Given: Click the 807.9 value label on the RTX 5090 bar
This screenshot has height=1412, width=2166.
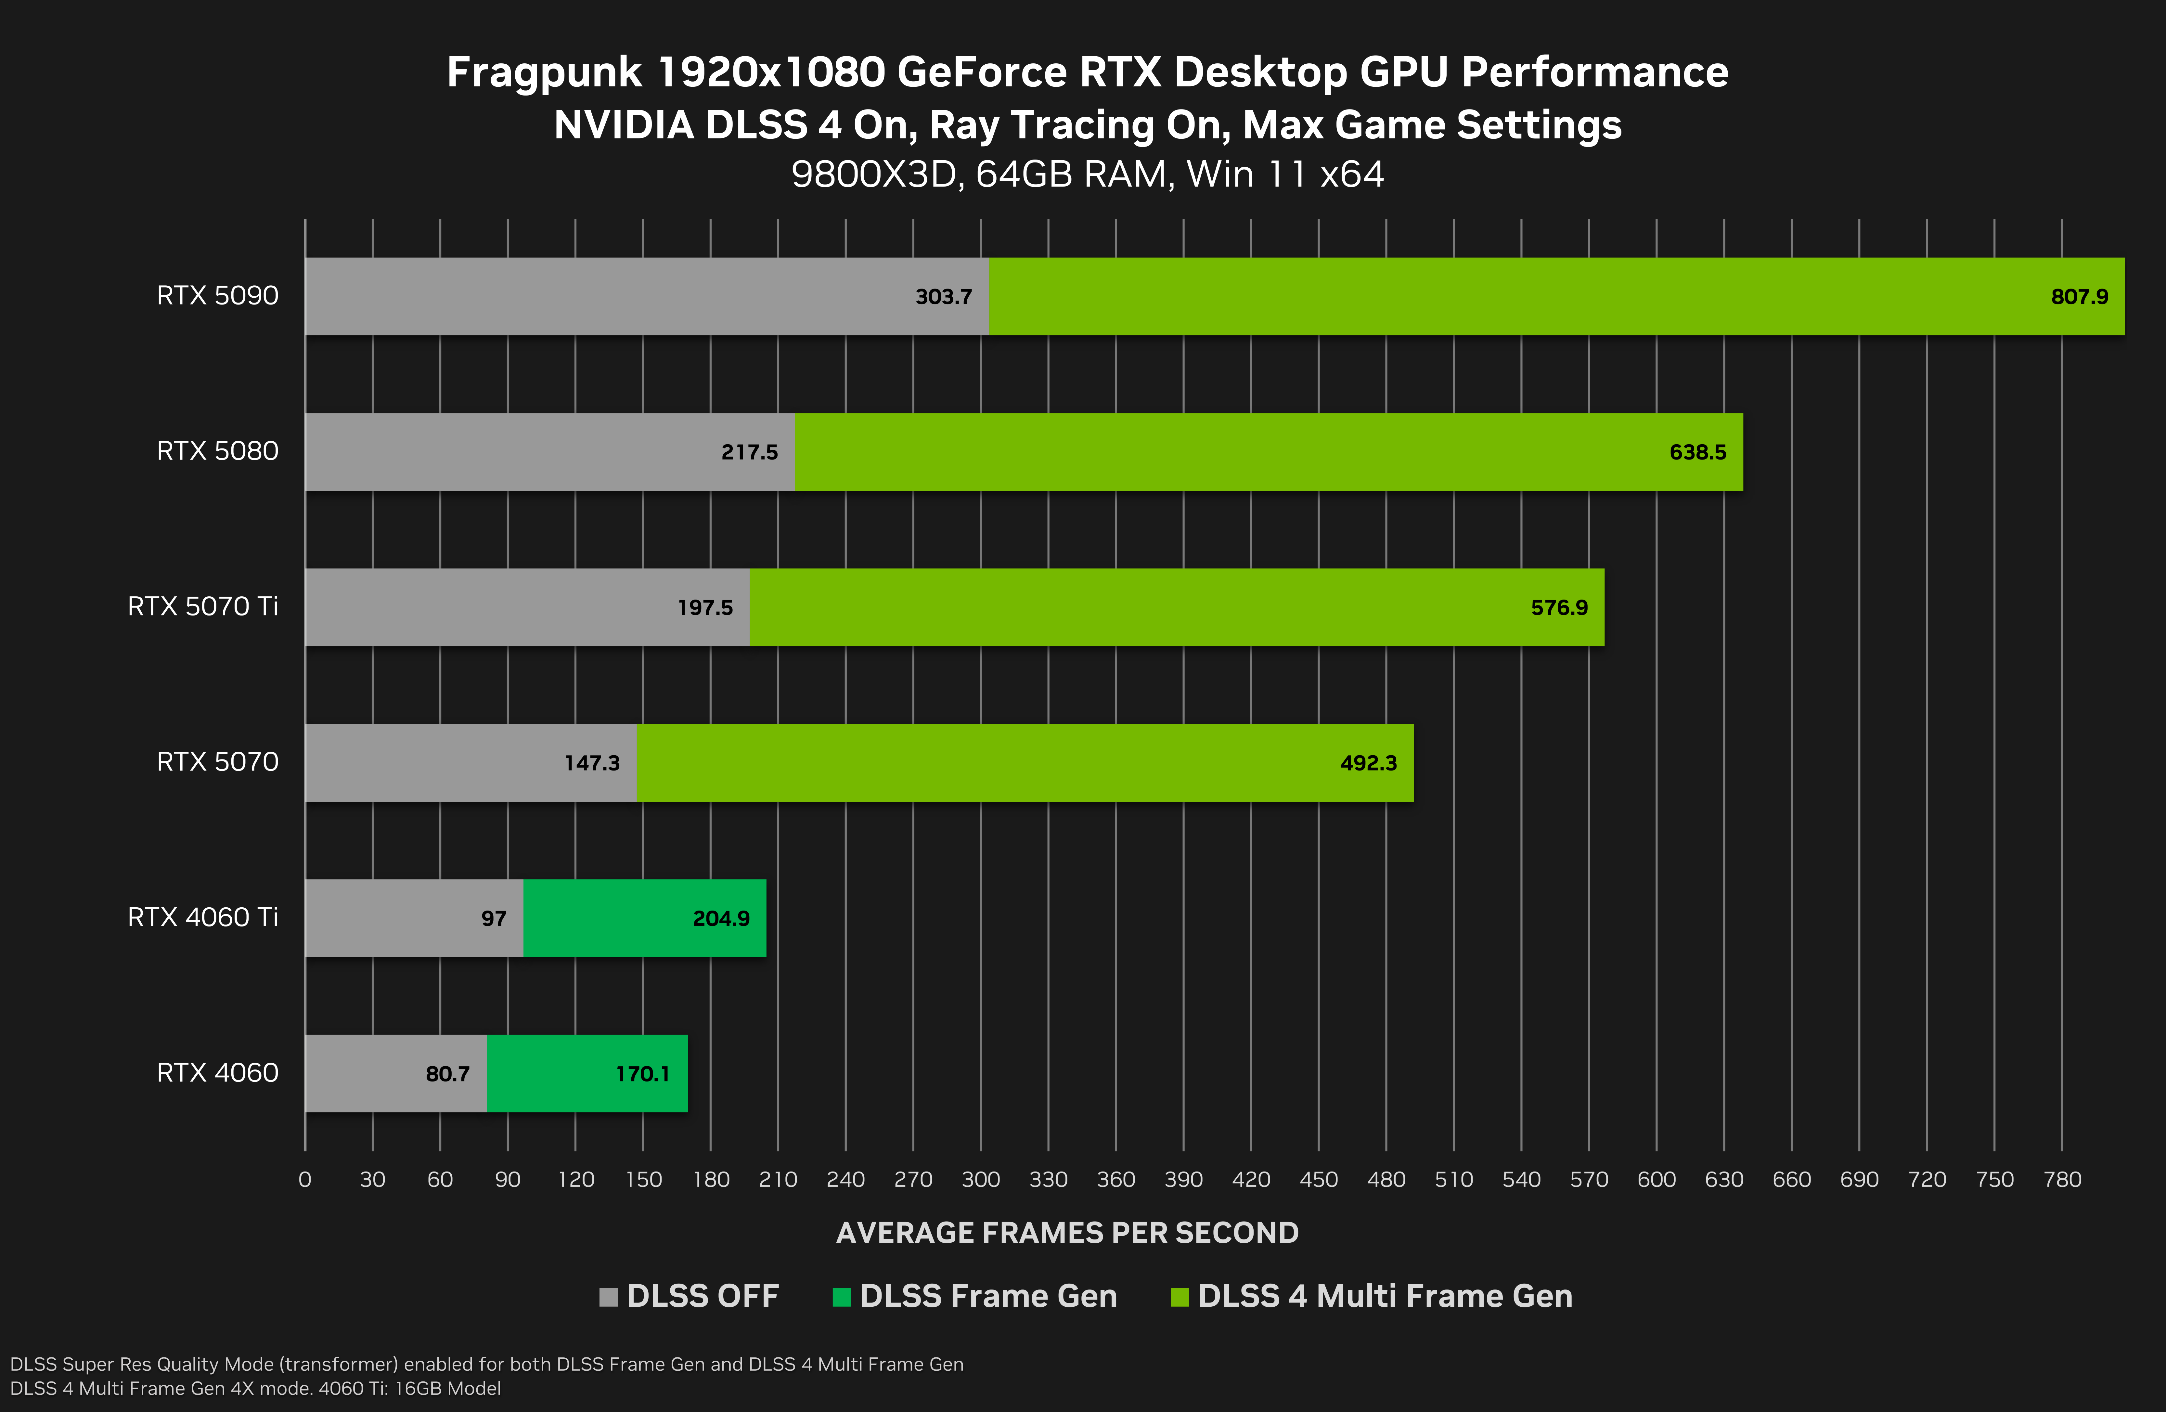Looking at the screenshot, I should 2079,297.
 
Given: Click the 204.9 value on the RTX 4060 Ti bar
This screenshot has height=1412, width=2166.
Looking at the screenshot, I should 721,919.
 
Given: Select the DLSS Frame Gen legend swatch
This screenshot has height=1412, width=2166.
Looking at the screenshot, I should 841,1296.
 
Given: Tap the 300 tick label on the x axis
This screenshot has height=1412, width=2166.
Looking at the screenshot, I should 980,1180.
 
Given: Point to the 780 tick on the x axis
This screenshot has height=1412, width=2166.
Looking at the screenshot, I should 2061,1180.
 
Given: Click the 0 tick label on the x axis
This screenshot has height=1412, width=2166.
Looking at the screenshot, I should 305,1180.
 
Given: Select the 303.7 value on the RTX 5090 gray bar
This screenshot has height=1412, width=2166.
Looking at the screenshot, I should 943,297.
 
